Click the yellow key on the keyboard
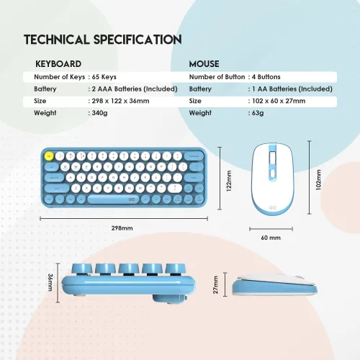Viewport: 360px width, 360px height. click(49, 156)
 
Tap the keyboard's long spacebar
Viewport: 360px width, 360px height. click(113, 199)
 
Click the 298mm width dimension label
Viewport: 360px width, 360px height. click(122, 228)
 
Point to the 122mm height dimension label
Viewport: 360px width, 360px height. click(229, 181)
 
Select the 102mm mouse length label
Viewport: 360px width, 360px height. click(318, 180)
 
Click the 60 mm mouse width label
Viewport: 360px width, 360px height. click(271, 238)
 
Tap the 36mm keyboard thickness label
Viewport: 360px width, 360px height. click(50, 282)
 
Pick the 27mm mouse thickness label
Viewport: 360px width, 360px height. click(215, 284)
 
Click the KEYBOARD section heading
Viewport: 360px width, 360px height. click(58, 64)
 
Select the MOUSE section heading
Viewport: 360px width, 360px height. click(204, 64)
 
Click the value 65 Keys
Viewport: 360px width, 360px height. click(104, 77)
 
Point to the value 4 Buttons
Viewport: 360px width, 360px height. click(266, 77)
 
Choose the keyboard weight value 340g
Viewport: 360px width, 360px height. click(99, 113)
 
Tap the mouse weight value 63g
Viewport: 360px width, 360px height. click(258, 113)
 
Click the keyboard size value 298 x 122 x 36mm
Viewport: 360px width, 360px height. click(120, 101)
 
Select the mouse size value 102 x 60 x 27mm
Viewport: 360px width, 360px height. click(279, 101)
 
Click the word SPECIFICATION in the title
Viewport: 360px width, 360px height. click(138, 40)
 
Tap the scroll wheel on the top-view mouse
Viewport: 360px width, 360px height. click(273, 158)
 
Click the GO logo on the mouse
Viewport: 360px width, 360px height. click(272, 207)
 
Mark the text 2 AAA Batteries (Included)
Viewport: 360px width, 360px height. click(135, 89)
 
